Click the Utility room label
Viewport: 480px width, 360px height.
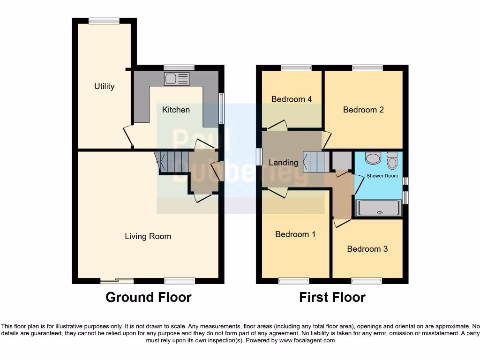pos(104,86)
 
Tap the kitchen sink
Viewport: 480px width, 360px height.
pos(177,79)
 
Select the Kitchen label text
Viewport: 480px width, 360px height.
pos(176,110)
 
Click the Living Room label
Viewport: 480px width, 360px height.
pos(148,236)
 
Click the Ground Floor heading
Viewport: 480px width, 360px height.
pos(148,297)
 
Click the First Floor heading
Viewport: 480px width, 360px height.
pos(332,297)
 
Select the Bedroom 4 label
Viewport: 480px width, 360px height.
pos(292,99)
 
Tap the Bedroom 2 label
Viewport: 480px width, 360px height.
pos(363,110)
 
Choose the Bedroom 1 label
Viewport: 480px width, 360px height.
pos(295,234)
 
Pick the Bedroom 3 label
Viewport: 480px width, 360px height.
pos(367,249)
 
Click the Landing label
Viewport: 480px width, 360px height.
pos(283,163)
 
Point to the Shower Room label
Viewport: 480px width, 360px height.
pos(382,176)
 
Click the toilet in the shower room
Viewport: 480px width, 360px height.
pos(392,161)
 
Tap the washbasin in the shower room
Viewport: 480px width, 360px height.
pos(373,158)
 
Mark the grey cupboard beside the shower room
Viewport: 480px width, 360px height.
pos(342,161)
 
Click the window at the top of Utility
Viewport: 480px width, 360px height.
pos(104,21)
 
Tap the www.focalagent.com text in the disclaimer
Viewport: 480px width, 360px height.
pos(307,340)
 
